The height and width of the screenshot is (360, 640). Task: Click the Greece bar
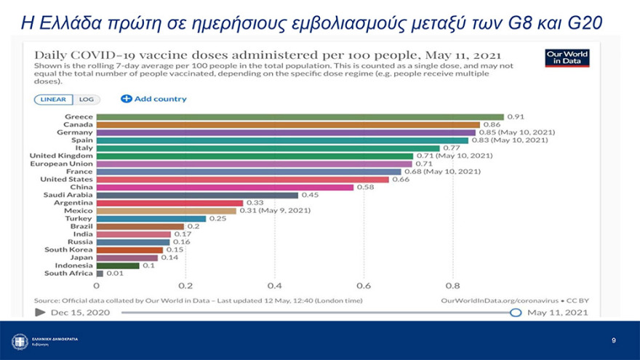300,117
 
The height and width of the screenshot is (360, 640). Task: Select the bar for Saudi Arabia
197,195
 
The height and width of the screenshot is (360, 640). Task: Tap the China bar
225,187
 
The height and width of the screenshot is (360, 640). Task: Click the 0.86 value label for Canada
492,125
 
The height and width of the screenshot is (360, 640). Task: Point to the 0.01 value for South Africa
115,273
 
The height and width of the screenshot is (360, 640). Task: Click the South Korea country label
68,249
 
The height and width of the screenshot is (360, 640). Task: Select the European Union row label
61,164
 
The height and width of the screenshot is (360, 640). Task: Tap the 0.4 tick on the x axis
274,286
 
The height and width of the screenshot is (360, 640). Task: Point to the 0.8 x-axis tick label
452,286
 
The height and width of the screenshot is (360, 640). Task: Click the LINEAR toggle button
53,100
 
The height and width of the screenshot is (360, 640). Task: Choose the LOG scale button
86,100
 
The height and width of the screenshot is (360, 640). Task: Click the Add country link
153,99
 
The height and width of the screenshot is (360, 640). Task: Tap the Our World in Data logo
567,57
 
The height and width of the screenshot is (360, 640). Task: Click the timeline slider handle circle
516,312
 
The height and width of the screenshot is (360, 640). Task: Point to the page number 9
613,340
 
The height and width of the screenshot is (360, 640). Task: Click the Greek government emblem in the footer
20,341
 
